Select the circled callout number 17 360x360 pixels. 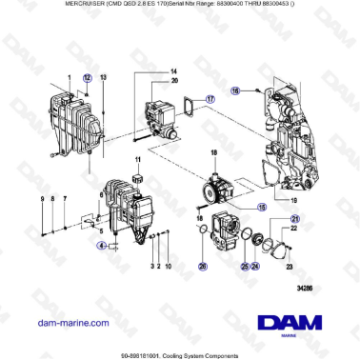[x=210, y=97]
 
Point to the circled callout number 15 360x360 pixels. [x=234, y=205]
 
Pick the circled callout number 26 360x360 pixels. [x=202, y=267]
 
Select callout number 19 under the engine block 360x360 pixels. [x=292, y=201]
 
